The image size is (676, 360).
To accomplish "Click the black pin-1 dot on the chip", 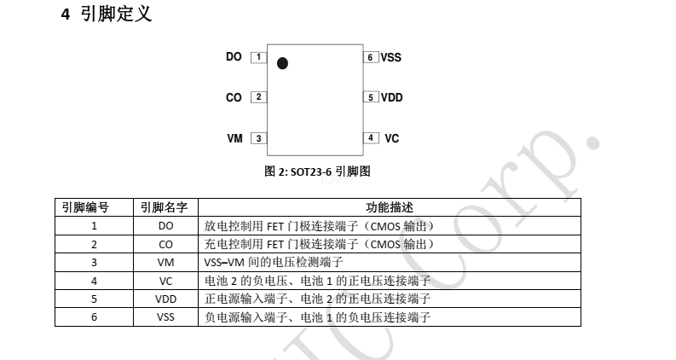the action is [x=282, y=63].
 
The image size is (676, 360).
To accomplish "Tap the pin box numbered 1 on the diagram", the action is [x=258, y=57].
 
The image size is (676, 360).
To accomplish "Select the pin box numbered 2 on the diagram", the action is [x=258, y=97].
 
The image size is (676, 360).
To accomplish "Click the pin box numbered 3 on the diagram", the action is [x=258, y=138].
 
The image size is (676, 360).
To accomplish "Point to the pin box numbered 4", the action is [x=371, y=137].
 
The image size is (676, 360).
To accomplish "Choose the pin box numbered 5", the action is [x=371, y=97].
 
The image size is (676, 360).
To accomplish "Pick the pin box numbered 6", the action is [x=371, y=57].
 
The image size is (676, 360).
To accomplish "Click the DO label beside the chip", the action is [x=234, y=56].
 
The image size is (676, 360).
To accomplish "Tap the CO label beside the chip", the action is [x=234, y=97].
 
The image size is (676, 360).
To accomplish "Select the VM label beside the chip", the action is [x=235, y=138].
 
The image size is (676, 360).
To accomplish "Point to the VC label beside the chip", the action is [x=392, y=138].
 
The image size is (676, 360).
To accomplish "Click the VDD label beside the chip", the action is [x=392, y=97].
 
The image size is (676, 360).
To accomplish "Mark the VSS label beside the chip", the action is [x=391, y=57].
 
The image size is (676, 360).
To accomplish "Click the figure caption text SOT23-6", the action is [x=311, y=171].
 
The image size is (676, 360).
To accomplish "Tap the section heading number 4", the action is [x=65, y=15].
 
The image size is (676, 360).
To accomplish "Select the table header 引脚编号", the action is [x=85, y=207].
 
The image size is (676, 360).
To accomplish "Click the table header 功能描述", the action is [x=390, y=207].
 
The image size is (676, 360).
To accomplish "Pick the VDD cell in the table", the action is [x=166, y=299].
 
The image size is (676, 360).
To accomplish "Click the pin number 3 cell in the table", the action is [x=94, y=263].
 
